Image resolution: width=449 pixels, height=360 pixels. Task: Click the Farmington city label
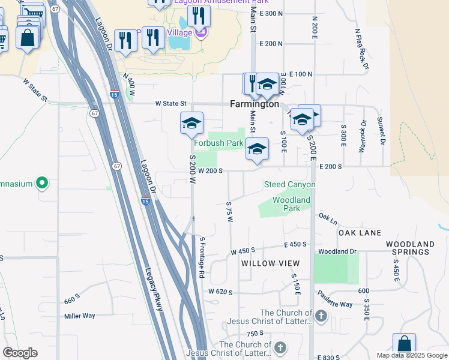point(255,104)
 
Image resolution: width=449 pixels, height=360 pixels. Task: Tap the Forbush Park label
point(218,143)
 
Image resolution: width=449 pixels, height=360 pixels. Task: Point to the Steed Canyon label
point(289,184)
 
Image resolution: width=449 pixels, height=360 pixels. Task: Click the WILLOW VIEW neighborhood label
point(270,263)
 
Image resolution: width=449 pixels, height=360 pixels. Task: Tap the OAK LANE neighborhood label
point(360,232)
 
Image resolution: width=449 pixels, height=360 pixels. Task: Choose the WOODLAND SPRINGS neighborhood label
point(410,248)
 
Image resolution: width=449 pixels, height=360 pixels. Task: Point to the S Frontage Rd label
point(202,257)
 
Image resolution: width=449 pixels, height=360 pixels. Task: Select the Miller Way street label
point(80,316)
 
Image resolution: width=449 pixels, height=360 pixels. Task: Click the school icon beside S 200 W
point(192,123)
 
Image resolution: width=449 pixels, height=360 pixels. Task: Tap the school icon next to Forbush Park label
point(258,149)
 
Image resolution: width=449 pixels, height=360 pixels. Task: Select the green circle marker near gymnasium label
point(42,182)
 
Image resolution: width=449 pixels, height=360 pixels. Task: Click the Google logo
point(20,353)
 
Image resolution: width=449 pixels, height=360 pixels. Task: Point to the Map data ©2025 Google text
point(411,355)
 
